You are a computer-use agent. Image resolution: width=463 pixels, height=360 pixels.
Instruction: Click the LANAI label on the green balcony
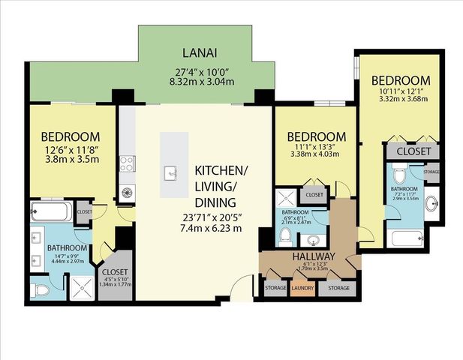(200, 53)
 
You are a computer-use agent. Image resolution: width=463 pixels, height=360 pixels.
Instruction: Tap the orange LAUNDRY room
(303, 288)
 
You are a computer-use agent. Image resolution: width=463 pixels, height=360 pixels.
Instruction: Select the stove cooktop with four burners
(127, 163)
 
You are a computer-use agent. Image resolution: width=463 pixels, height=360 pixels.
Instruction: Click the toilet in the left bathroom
(39, 287)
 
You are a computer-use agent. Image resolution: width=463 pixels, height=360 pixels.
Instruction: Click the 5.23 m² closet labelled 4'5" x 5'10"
(115, 277)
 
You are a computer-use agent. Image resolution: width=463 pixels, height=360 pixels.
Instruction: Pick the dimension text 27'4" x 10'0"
(200, 72)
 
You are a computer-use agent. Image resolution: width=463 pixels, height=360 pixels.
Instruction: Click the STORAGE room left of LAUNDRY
(274, 288)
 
